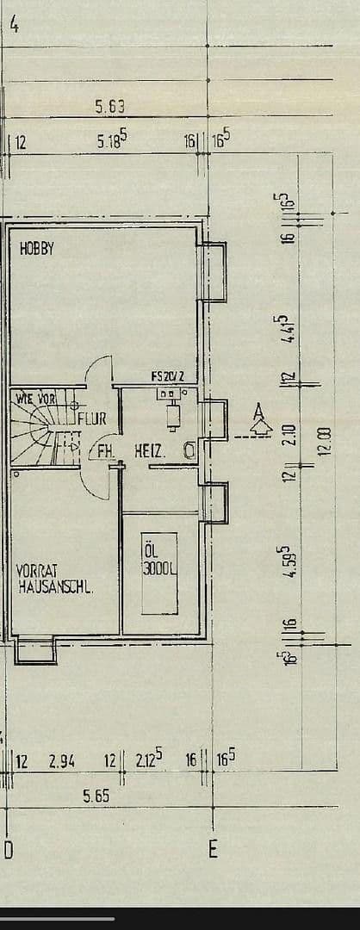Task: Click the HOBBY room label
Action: [x=37, y=250]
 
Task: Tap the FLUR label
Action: [x=92, y=419]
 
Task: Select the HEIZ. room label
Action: [x=150, y=450]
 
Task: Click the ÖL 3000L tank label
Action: [x=159, y=560]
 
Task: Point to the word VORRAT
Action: [x=36, y=571]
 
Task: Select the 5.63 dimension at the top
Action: [x=110, y=107]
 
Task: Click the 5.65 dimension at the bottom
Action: [x=96, y=797]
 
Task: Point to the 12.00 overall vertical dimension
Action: [x=324, y=443]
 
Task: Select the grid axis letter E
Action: [x=213, y=850]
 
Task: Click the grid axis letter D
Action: [x=8, y=851]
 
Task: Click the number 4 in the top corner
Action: [x=14, y=24]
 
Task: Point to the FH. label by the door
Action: [x=106, y=451]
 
